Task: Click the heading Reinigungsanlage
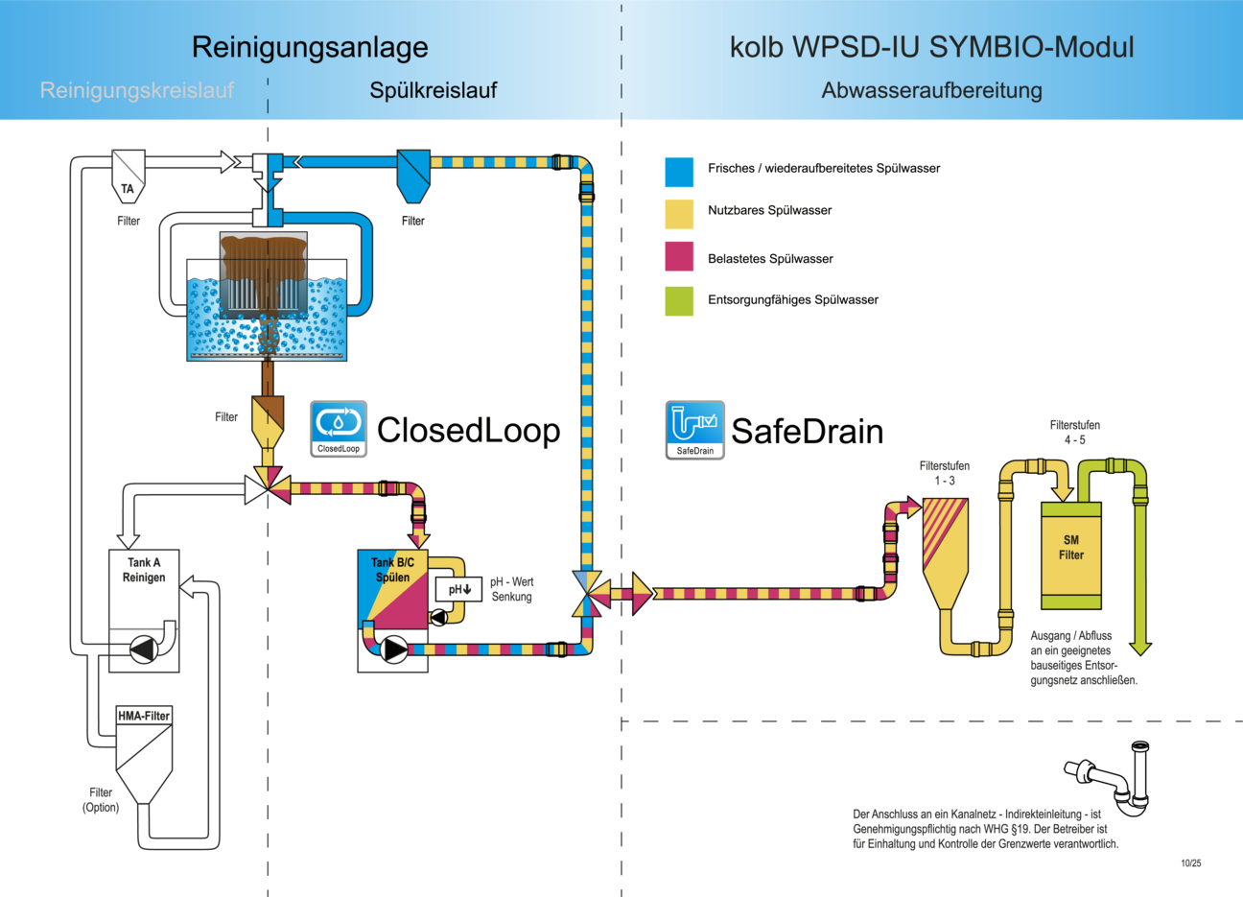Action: (x=310, y=47)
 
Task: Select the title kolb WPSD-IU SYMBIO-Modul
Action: (x=931, y=47)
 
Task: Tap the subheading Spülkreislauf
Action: (x=434, y=90)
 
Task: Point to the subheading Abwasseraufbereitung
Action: (x=931, y=90)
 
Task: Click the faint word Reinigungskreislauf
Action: (x=137, y=90)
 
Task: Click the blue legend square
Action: (x=679, y=172)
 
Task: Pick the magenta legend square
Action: (x=679, y=257)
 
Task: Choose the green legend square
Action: (x=679, y=300)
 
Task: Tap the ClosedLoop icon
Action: (x=339, y=428)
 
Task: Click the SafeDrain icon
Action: (x=694, y=429)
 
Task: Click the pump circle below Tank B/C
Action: (x=394, y=650)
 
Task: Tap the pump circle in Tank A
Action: (x=144, y=649)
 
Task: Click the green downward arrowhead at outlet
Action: (x=1140, y=649)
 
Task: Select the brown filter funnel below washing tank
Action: (x=267, y=421)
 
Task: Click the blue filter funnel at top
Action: (x=413, y=175)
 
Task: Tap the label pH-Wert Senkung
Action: (x=512, y=589)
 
